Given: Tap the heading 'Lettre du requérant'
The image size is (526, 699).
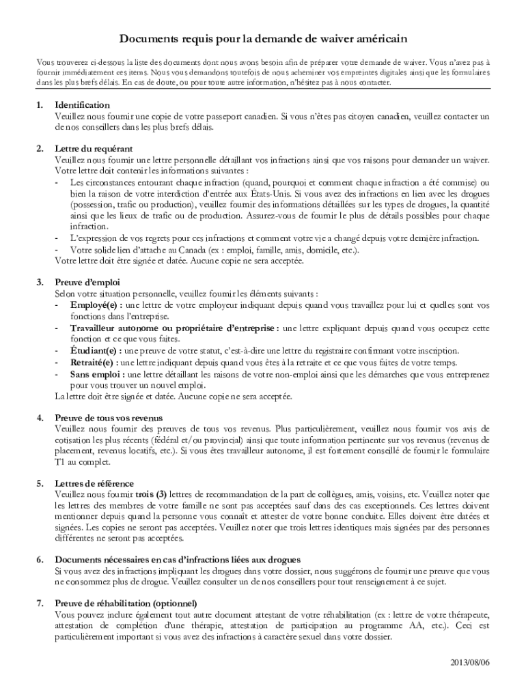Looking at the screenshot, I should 94,149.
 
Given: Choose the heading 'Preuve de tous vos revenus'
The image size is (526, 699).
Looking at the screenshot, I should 109,418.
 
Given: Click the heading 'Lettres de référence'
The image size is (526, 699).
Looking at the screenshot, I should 94,483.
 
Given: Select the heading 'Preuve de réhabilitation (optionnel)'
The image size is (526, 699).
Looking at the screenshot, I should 126,603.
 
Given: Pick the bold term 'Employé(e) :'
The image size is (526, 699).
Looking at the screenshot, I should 95,304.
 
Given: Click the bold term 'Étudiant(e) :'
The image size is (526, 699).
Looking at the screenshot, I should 95,351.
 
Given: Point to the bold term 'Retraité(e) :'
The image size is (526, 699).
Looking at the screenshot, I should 94,362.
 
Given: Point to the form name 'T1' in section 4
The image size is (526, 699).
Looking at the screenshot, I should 60,461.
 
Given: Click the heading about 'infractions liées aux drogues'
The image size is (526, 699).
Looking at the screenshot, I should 168,560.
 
